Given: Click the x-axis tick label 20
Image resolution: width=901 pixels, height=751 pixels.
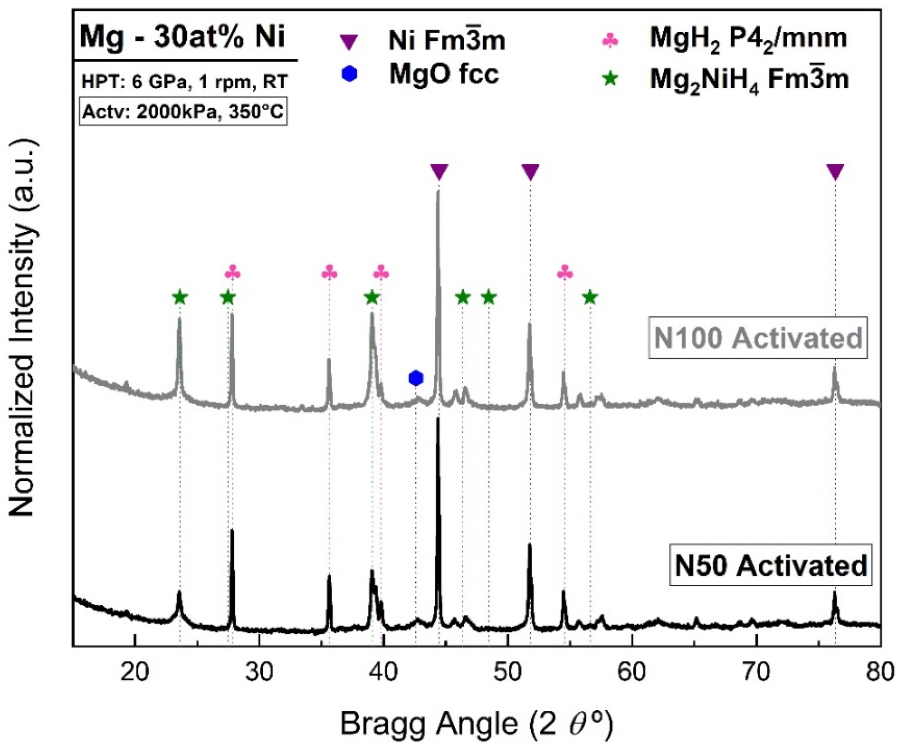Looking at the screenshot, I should pyautogui.click(x=135, y=672).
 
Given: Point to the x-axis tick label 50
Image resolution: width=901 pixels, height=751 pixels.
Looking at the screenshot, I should pyautogui.click(x=507, y=672).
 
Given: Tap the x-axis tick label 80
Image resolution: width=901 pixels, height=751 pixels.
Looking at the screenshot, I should pyautogui.click(x=880, y=672).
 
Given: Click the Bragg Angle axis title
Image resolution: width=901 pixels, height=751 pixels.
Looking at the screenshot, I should pyautogui.click(x=477, y=724).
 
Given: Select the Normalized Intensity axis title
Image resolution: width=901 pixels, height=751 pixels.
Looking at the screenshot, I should pyautogui.click(x=22, y=328).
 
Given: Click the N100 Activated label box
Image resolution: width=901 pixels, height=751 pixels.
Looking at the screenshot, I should pyautogui.click(x=757, y=338).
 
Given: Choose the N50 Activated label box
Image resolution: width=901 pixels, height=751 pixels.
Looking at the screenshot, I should pyautogui.click(x=770, y=565).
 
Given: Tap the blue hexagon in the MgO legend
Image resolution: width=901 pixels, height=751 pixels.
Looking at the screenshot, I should pyautogui.click(x=350, y=74).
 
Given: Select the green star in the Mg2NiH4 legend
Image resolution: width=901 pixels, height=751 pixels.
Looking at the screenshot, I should pyautogui.click(x=610, y=79).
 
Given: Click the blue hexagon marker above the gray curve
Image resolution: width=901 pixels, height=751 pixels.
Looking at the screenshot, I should pyautogui.click(x=416, y=378).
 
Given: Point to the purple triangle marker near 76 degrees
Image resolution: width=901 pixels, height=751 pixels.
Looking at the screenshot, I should pyautogui.click(x=835, y=172).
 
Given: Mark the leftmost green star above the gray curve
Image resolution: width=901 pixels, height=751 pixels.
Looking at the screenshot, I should pyautogui.click(x=180, y=298).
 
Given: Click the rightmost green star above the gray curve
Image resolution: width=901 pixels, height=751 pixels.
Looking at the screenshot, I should pyautogui.click(x=590, y=298).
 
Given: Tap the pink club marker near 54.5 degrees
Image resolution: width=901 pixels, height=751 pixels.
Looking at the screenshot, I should pyautogui.click(x=565, y=273).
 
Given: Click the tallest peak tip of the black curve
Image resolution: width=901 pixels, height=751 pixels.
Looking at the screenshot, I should pyautogui.click(x=438, y=419).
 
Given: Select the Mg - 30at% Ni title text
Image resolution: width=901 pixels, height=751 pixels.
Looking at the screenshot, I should pyautogui.click(x=183, y=37).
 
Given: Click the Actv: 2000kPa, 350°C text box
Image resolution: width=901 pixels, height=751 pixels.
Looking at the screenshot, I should pyautogui.click(x=183, y=112).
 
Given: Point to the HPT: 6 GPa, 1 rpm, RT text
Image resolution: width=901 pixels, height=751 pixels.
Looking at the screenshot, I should pyautogui.click(x=185, y=82).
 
